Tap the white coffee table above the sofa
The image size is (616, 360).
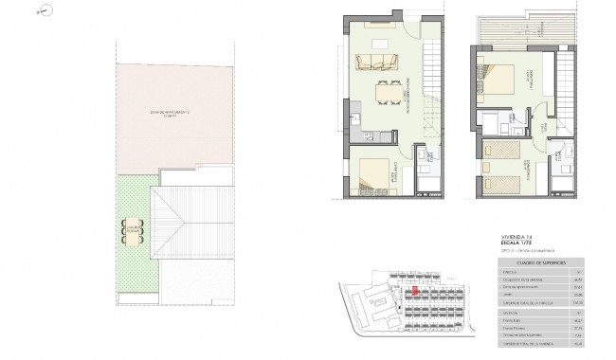tap(378, 44)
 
